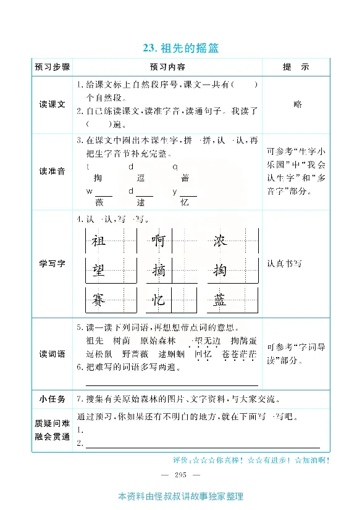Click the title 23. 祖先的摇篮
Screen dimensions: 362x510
click(x=180, y=48)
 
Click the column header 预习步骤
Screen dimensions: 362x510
click(x=53, y=67)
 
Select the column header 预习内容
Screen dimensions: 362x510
click(x=167, y=67)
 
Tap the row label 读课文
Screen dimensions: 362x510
click(x=53, y=104)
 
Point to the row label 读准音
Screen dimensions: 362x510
click(x=53, y=171)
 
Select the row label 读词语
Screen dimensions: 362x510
click(x=53, y=354)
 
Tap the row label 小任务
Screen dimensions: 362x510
click(x=53, y=399)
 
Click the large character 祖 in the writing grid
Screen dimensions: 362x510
click(x=98, y=241)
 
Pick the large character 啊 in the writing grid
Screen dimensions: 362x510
click(x=159, y=241)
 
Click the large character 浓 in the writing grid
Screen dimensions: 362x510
click(x=219, y=241)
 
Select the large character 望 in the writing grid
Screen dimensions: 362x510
click(x=98, y=270)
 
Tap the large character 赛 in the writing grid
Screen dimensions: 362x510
click(x=98, y=300)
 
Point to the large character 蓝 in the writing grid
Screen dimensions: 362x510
click(x=219, y=300)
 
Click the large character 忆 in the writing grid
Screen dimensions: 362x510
click(x=159, y=300)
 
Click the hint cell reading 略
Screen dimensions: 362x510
click(x=298, y=104)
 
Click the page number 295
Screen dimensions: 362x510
click(x=180, y=474)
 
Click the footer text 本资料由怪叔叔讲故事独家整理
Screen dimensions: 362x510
click(x=180, y=497)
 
